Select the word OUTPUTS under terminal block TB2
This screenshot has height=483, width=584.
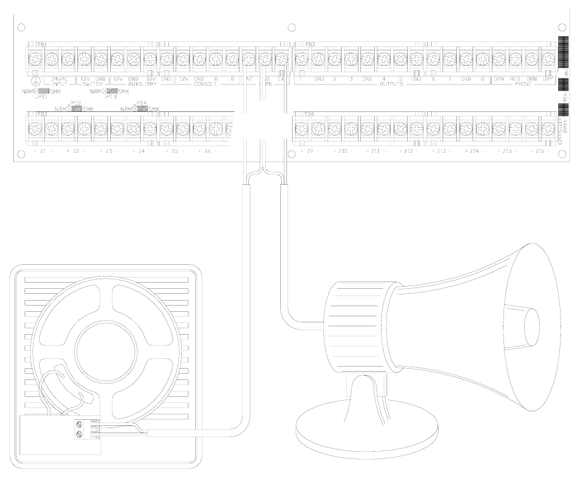[x=391, y=84]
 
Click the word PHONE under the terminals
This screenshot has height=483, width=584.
[x=524, y=84]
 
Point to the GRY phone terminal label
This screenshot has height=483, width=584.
[x=548, y=79]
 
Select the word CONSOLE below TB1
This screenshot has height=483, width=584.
[x=208, y=84]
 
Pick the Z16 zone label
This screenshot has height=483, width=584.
[x=540, y=152]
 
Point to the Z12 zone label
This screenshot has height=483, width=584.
[x=409, y=152]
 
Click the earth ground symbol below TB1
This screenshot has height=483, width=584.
[x=35, y=80]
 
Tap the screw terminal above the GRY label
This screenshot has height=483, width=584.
[x=548, y=58]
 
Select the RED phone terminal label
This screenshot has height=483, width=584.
[x=515, y=79]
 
